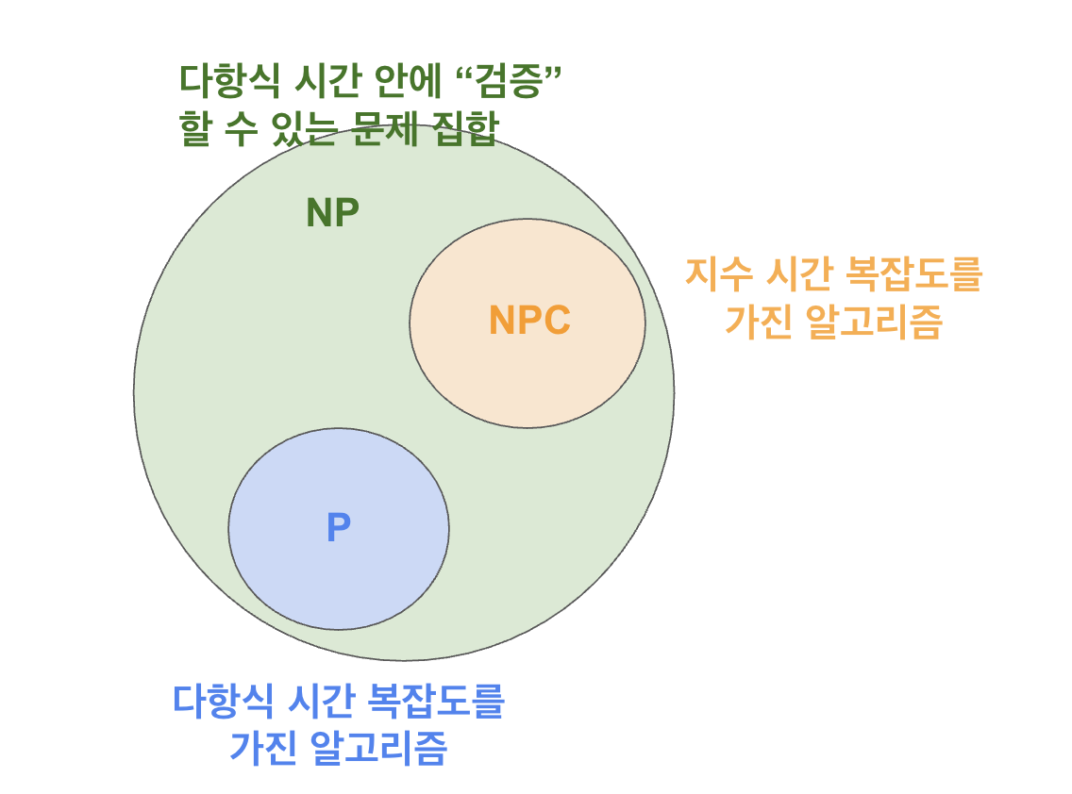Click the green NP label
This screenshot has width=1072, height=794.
[x=332, y=214]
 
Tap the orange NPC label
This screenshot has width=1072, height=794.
[x=529, y=322]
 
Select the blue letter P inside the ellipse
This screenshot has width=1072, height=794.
[x=338, y=528]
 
